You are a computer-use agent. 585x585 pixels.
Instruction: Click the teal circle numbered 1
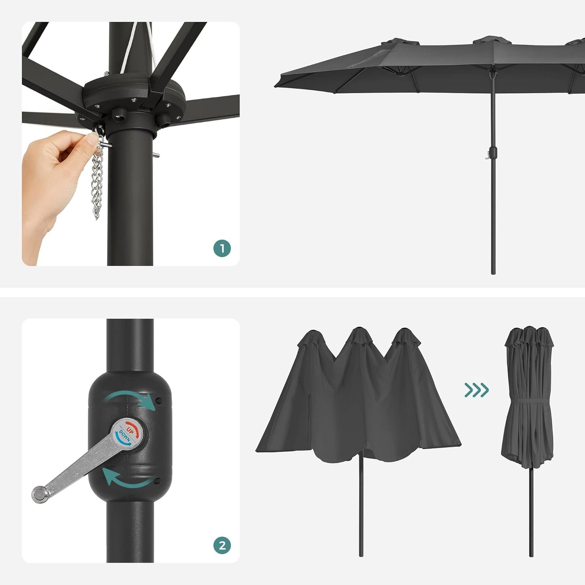tap(222, 248)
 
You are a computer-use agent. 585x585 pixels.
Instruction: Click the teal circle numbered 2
tap(222, 546)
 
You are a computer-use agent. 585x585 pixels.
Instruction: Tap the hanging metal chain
tap(97, 182)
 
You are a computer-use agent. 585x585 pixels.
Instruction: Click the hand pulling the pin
tap(53, 170)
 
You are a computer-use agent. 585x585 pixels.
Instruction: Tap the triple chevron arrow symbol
tap(477, 390)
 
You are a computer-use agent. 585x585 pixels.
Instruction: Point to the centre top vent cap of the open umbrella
tap(491, 40)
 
